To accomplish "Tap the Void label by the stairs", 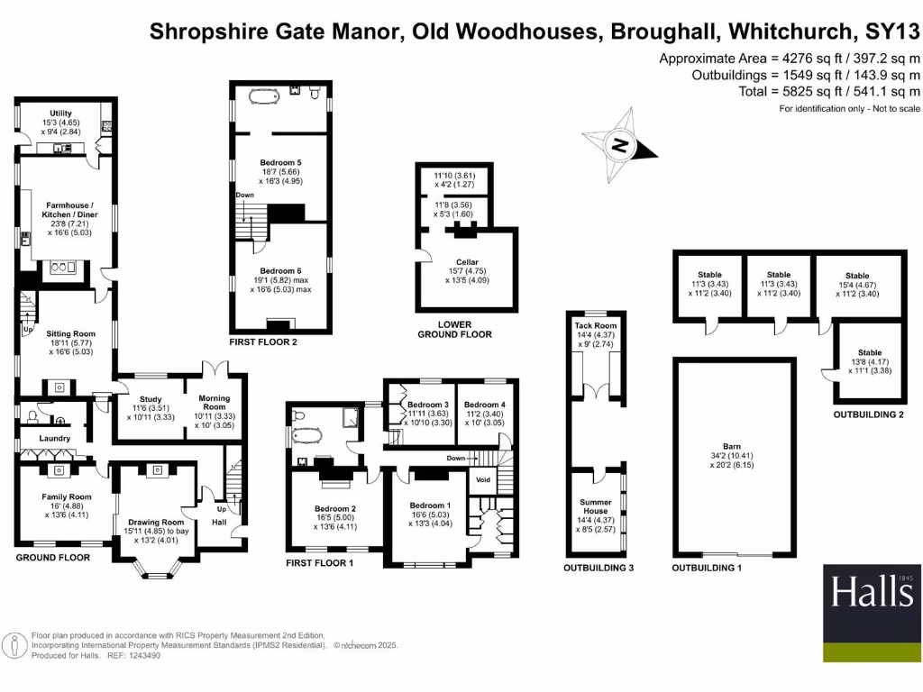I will coord(483,479).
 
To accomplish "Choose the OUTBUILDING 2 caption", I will coord(869,415).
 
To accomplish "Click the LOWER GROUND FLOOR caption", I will coord(454,330).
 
